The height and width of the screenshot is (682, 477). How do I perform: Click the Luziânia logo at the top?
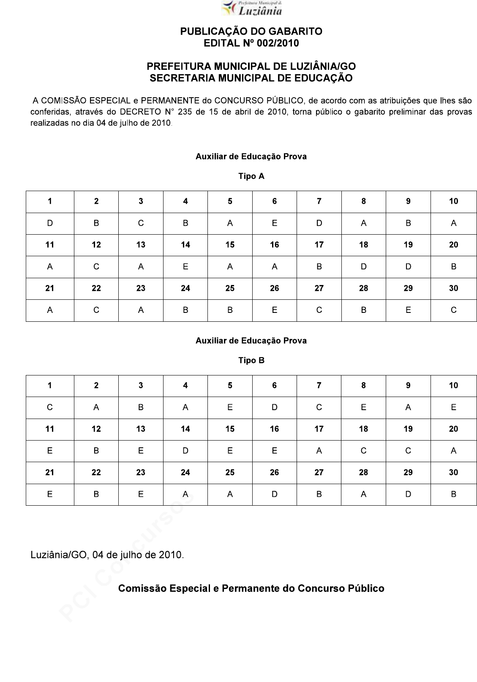pyautogui.click(x=252, y=8)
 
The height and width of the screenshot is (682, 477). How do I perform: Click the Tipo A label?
pyautogui.click(x=251, y=176)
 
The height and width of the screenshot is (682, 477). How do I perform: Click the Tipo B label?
pyautogui.click(x=251, y=361)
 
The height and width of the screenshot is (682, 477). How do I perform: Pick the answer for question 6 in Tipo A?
pyautogui.click(x=275, y=223)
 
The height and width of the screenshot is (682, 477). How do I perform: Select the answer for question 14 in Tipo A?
pyautogui.click(x=185, y=267)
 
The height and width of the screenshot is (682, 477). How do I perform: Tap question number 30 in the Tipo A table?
pyautogui.click(x=453, y=288)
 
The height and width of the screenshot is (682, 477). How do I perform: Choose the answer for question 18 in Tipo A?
pyautogui.click(x=364, y=267)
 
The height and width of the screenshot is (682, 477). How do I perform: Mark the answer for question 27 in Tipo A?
pyautogui.click(x=319, y=310)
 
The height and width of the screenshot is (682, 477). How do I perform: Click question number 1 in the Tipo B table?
pyautogui.click(x=50, y=386)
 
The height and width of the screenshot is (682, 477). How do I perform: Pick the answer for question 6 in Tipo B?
pyautogui.click(x=275, y=408)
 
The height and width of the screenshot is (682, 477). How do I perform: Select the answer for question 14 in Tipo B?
pyautogui.click(x=185, y=451)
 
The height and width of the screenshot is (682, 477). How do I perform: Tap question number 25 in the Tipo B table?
pyautogui.click(x=230, y=473)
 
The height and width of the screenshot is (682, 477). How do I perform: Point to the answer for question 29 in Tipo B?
pyautogui.click(x=408, y=494)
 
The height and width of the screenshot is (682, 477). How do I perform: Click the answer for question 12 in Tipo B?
pyautogui.click(x=96, y=451)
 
